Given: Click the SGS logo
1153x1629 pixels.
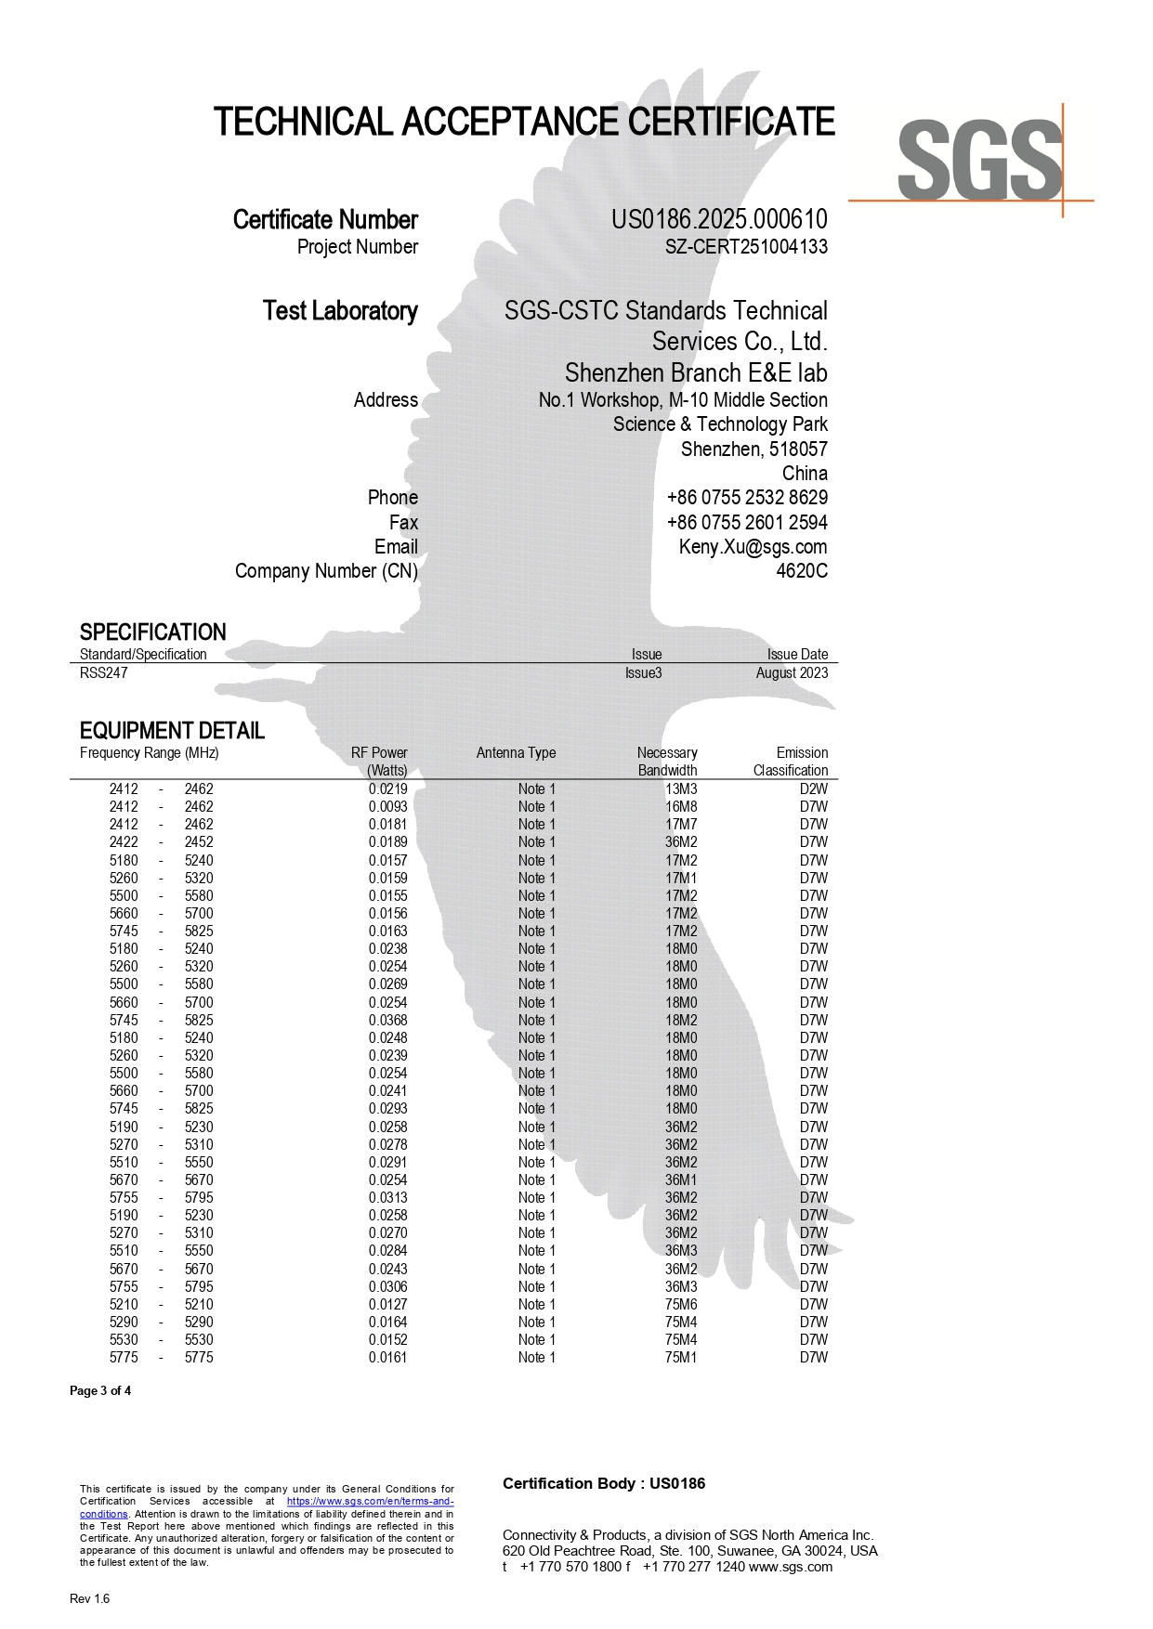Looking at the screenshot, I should (978, 160).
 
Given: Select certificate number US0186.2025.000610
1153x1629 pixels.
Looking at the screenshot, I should (718, 219).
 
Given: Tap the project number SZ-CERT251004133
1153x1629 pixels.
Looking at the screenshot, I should (745, 247).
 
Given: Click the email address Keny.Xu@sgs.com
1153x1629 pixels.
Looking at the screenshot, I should (753, 547).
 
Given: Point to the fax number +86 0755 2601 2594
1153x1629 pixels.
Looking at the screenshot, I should (746, 523).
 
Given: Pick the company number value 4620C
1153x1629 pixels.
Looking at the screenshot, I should (801, 571).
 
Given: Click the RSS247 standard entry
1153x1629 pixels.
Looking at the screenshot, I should (103, 673).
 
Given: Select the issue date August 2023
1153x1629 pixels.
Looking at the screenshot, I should (791, 673).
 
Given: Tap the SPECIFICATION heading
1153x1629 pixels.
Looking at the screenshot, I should (152, 632).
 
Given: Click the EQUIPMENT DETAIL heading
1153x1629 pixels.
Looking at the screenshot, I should (172, 731).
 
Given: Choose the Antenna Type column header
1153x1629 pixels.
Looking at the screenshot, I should (516, 753).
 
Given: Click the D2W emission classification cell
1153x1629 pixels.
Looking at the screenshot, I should (813, 789).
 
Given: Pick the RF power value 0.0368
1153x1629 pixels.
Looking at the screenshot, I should (387, 1021).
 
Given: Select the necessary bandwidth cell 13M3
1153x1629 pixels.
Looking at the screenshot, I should (680, 789).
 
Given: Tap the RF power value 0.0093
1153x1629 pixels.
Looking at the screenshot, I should (387, 807).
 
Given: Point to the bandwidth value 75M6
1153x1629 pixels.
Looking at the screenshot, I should (680, 1305).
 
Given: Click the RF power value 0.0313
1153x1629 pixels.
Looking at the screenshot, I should (387, 1198).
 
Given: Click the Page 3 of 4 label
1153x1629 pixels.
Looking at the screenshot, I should (100, 1391).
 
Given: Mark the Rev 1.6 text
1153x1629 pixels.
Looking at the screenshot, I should (89, 1599).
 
